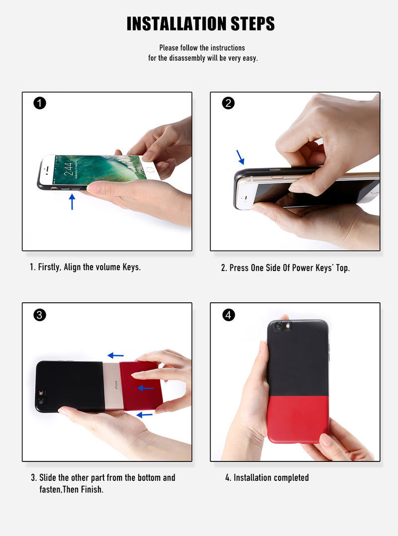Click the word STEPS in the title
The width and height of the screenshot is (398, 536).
253,23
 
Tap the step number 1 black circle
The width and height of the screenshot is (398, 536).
40,103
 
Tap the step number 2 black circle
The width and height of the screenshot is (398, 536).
228,103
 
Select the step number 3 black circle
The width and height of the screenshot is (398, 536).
40,314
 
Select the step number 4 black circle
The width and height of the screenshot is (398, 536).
228,314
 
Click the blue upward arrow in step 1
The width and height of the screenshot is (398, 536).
72,202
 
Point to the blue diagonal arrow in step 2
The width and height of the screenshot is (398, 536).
240,157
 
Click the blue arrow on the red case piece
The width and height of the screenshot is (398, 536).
145,388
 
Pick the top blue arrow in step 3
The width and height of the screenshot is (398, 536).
115,356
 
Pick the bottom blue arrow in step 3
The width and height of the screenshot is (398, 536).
145,415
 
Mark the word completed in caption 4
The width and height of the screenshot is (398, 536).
291,478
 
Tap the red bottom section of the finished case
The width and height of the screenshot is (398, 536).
298,419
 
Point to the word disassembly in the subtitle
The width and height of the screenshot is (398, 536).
187,58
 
